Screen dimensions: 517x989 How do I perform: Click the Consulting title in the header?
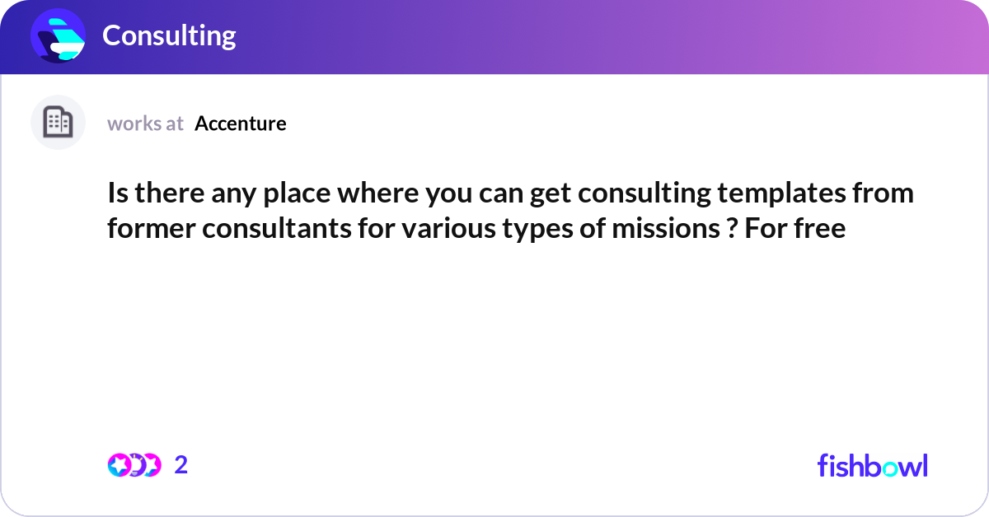[169, 35]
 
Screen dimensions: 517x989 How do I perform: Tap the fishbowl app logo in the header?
[58, 35]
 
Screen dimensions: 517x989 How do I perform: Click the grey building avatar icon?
[58, 123]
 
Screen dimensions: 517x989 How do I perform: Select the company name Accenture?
[241, 123]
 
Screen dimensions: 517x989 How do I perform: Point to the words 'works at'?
[145, 123]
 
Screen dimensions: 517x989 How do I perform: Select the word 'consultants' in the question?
[278, 228]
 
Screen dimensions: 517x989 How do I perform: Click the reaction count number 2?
[181, 465]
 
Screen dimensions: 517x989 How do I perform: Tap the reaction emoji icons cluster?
[134, 465]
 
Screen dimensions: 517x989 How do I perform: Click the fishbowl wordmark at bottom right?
[872, 465]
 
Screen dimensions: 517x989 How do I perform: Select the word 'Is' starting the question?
[117, 194]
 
